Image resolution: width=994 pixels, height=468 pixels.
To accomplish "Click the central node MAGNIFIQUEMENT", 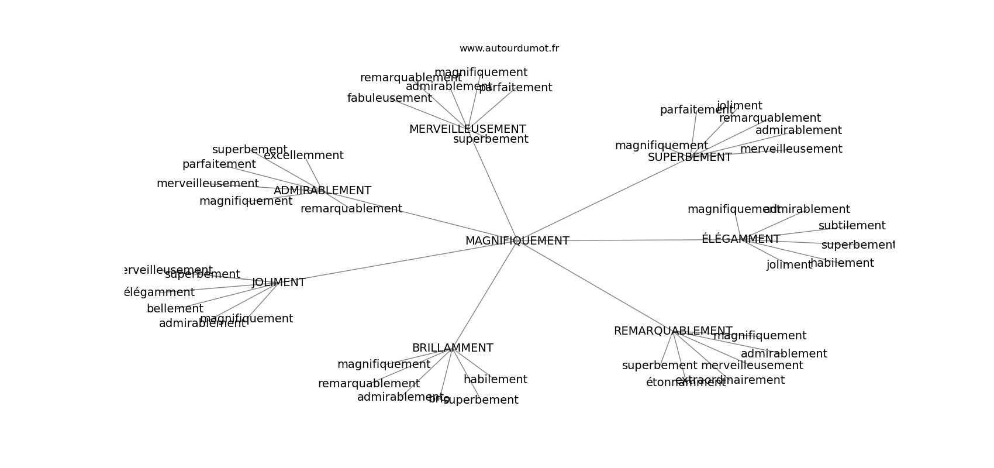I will pos(517,241).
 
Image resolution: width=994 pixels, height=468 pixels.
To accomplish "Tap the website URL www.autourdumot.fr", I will pos(509,49).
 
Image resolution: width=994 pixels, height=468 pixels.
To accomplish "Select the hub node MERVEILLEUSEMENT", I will pos(467,129).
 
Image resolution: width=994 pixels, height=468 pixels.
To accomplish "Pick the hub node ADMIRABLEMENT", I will pos(322,191).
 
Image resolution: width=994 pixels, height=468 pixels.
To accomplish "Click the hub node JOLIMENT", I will pos(278,283).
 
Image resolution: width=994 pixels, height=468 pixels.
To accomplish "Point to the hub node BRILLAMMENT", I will pos(453,348).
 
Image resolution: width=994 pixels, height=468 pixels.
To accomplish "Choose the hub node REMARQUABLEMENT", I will pos(672,331).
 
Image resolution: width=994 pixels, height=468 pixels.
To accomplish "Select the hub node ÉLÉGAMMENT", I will pos(740,239).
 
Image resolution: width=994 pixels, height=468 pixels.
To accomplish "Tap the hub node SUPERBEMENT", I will pos(689,157).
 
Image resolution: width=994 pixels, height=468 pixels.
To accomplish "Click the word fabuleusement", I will pos(389,98).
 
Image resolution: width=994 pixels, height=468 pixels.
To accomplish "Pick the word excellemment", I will pos(303,156).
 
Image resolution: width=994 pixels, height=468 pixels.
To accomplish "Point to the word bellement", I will pos(175,309).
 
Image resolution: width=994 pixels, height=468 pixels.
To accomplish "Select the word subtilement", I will pos(851,226).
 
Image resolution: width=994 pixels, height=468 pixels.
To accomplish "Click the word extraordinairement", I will pos(730,380).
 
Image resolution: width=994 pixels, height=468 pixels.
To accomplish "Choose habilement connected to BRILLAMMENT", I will pos(495,380).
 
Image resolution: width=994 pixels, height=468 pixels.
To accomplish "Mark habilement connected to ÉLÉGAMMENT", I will pos(842,263).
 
